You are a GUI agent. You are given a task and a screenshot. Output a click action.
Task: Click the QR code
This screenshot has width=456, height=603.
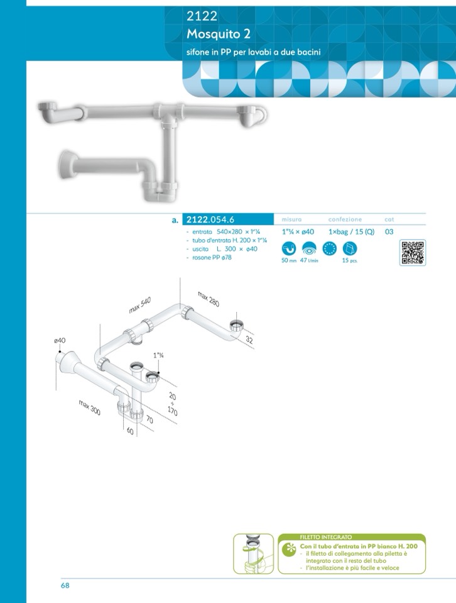(x=412, y=252)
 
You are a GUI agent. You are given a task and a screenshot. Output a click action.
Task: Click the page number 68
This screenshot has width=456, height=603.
(x=65, y=585)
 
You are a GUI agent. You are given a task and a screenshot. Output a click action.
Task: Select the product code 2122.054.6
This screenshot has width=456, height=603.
(x=210, y=219)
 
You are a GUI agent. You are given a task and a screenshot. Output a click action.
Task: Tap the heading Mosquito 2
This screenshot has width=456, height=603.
(x=219, y=34)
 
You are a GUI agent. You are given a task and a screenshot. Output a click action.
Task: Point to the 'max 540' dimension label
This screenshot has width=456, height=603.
(x=140, y=305)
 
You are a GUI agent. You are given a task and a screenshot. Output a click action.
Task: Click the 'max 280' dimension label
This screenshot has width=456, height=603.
(x=209, y=299)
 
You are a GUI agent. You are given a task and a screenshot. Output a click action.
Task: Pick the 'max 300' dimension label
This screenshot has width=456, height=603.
(x=90, y=407)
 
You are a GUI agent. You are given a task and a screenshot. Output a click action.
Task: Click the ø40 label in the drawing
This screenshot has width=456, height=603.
(x=60, y=340)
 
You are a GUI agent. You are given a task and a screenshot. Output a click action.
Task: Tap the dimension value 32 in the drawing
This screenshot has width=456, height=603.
(x=249, y=340)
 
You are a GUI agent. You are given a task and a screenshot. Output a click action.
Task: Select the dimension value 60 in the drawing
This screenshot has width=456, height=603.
(x=130, y=431)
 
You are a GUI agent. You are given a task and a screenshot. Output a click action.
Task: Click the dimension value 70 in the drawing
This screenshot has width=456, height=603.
(x=149, y=420)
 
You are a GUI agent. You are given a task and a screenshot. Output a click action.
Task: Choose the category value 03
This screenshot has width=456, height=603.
(x=389, y=232)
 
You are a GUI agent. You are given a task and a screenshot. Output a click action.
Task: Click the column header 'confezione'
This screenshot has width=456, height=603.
(x=345, y=219)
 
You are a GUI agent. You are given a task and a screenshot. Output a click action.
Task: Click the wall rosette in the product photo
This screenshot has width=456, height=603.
(x=67, y=165)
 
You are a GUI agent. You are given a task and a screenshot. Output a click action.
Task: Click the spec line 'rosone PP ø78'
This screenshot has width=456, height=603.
(x=212, y=258)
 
